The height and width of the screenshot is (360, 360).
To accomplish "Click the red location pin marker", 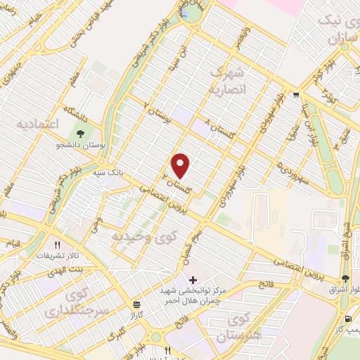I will [x=181, y=165].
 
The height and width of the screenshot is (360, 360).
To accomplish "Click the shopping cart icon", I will [x=297, y=96].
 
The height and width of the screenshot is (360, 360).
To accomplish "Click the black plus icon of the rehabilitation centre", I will [x=193, y=280].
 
